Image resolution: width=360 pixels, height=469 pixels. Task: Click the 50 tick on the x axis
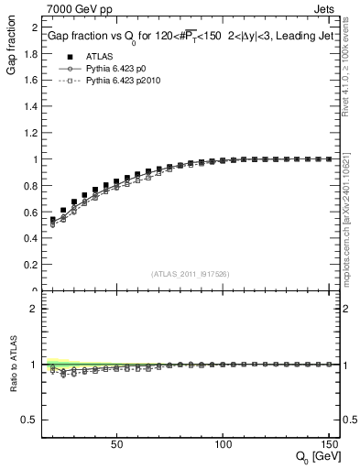(116, 445)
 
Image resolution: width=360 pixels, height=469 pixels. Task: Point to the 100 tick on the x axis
(223, 445)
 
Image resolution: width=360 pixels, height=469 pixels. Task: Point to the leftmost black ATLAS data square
(53, 220)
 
